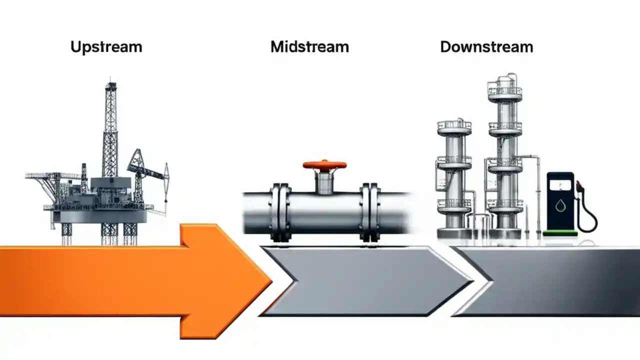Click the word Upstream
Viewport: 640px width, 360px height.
(106, 47)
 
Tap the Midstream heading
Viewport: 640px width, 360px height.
(309, 47)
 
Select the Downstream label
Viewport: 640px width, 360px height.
(486, 47)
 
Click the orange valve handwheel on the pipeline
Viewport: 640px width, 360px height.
(324, 164)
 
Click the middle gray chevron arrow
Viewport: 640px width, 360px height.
(365, 281)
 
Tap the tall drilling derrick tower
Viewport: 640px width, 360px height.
(110, 130)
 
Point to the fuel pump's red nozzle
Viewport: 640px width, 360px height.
(580, 188)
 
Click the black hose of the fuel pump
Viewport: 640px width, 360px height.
(590, 215)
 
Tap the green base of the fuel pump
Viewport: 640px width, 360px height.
(560, 232)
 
